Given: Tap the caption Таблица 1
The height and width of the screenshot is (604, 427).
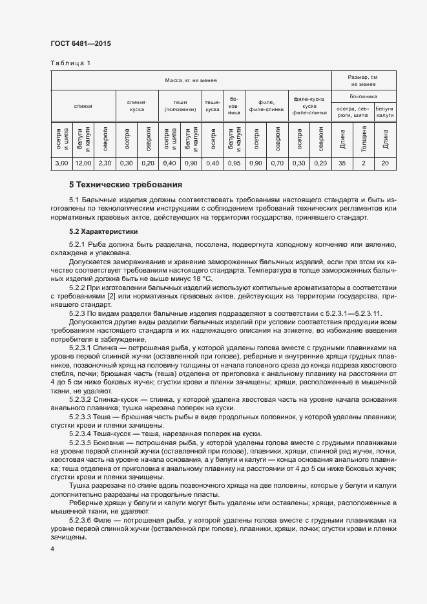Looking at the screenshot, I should pos(70,63).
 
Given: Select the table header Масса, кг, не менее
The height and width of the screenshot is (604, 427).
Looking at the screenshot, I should pos(191,80).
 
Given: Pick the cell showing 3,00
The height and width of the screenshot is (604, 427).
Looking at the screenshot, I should pos(62,163).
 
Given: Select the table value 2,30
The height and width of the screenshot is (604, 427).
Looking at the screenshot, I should pos(105,163).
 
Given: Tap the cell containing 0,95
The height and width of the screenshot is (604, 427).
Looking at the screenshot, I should pos(234,163).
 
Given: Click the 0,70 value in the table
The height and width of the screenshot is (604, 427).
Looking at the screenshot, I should pos(277,163).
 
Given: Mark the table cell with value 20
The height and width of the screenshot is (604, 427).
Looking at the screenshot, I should pos(385,163).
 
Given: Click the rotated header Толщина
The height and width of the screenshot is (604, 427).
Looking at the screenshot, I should pos(364,138).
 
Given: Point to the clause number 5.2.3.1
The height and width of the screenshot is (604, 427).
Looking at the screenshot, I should pos(82,348).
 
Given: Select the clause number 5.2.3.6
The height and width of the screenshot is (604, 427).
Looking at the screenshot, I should pos(82,519).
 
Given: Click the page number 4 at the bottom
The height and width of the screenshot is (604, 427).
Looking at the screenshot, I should pos(52,548).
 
